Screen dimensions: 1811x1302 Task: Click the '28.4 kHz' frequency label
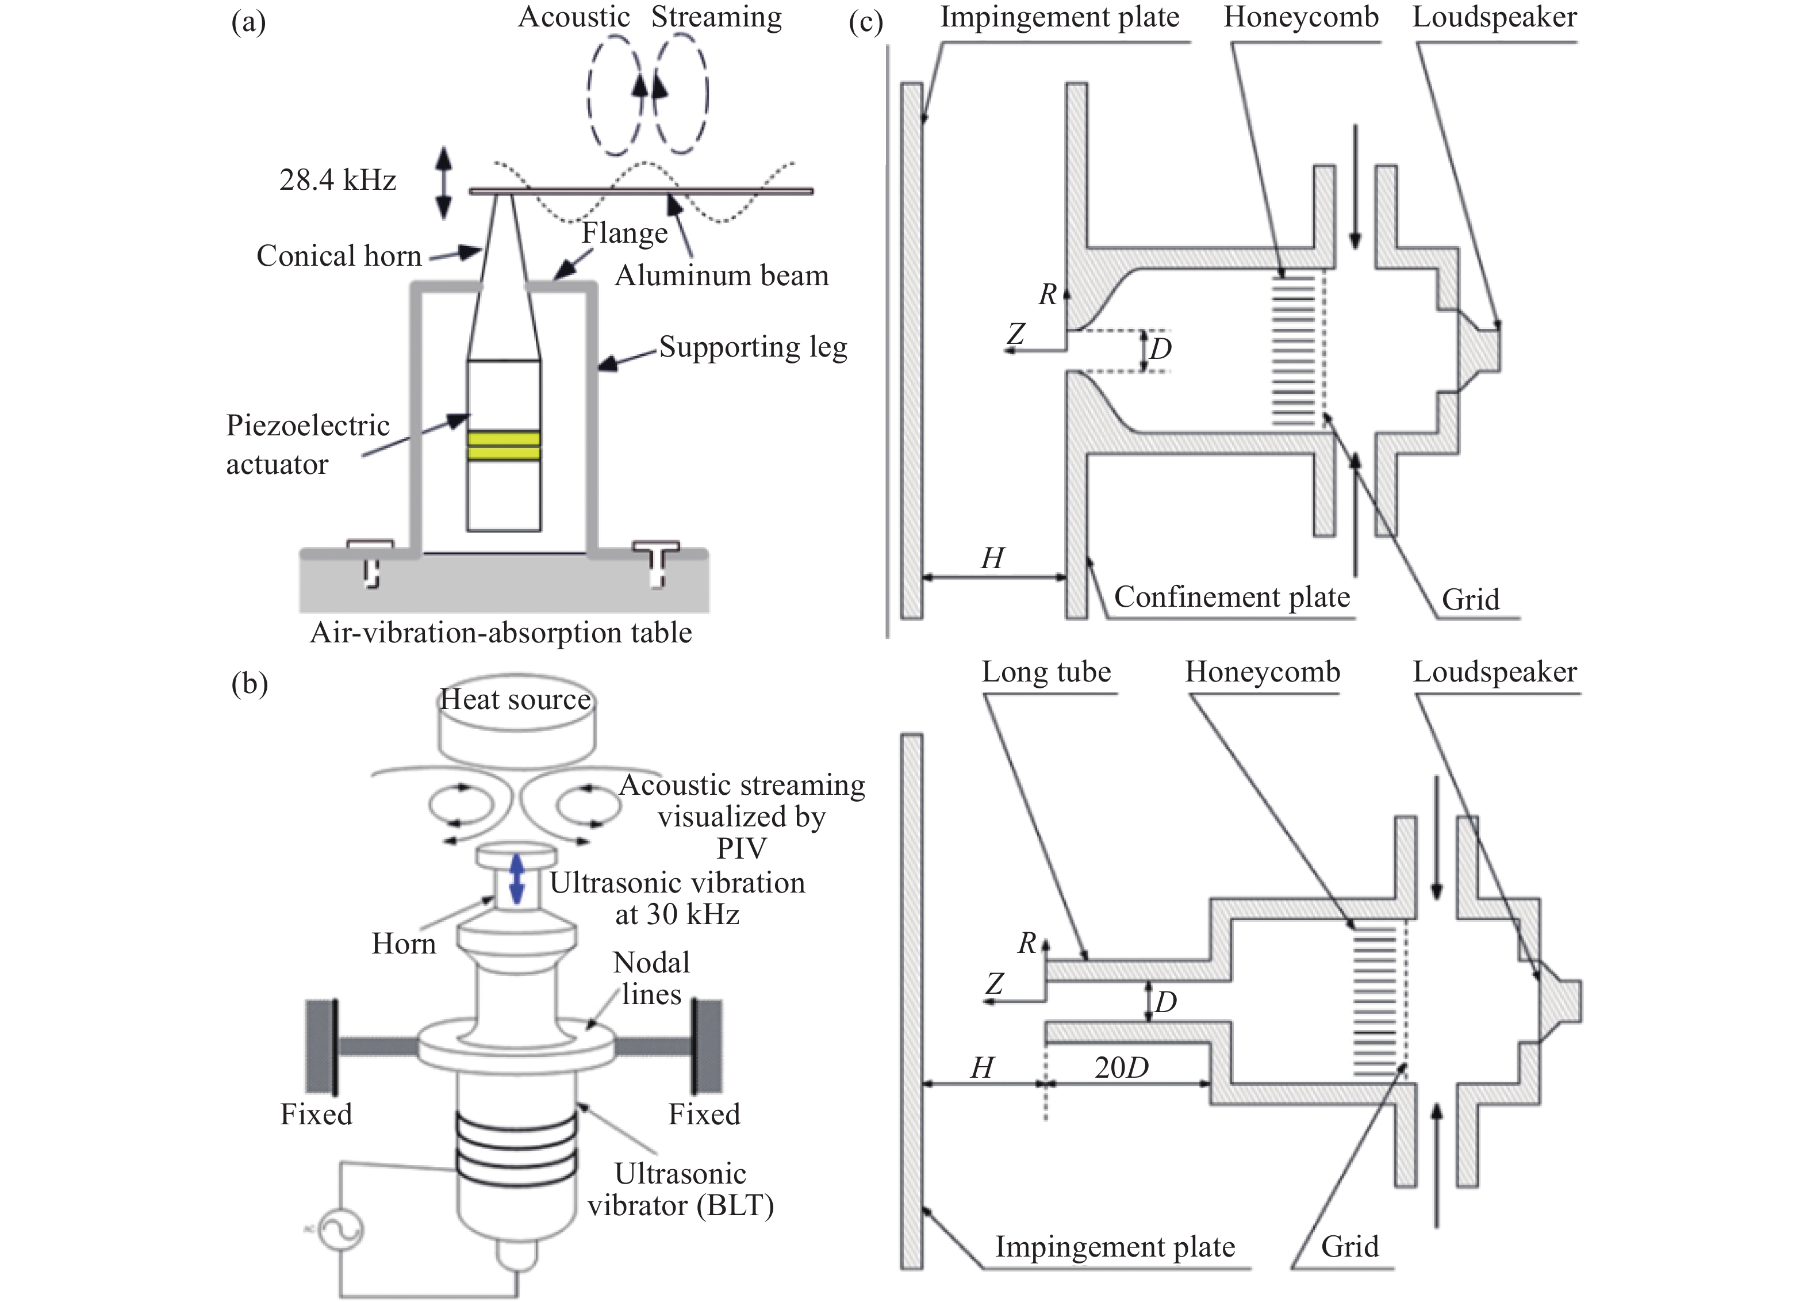pyautogui.click(x=338, y=181)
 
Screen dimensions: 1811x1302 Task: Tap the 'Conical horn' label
pyautogui.click(x=339, y=255)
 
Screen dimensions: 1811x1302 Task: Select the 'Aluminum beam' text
pyautogui.click(x=722, y=275)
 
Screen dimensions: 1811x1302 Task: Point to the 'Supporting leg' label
pyautogui.click(x=753, y=347)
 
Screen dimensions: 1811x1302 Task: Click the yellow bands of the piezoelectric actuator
pyautogui.click(x=504, y=446)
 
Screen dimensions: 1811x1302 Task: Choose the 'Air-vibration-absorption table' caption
pyautogui.click(x=501, y=633)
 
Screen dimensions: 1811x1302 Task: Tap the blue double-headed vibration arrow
pyautogui.click(x=517, y=879)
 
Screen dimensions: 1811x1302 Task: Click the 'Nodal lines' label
pyautogui.click(x=651, y=978)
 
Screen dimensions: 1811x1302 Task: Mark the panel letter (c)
pyautogui.click(x=866, y=22)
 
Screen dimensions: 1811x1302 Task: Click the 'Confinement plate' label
pyautogui.click(x=1232, y=597)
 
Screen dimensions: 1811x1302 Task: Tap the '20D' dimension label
pyautogui.click(x=1121, y=1068)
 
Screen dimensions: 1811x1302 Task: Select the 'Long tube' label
pyautogui.click(x=1046, y=672)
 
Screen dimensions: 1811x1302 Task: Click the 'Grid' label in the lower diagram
pyautogui.click(x=1349, y=1247)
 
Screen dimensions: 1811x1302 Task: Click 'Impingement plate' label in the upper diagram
pyautogui.click(x=1060, y=18)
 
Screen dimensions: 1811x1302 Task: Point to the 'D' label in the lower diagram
pyautogui.click(x=1166, y=1002)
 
